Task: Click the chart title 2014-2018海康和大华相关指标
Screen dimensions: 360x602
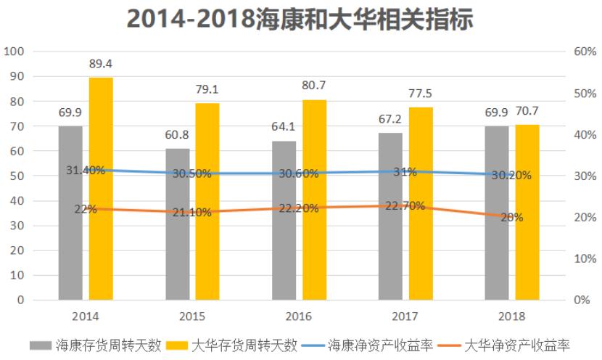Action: [x=300, y=20]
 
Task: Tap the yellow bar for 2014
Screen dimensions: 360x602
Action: [x=101, y=188]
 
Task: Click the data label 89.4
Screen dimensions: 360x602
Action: [x=101, y=65]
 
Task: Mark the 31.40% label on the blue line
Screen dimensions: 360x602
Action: [x=86, y=171]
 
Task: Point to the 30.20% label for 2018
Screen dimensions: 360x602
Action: [x=511, y=175]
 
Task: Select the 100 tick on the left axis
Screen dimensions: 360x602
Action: [x=15, y=52]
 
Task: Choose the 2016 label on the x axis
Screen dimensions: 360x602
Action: [x=299, y=316]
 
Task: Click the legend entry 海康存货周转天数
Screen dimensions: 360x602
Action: [x=95, y=345]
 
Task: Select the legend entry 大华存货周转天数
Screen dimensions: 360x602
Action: [x=232, y=345]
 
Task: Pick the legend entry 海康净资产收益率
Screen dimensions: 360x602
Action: [x=369, y=345]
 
